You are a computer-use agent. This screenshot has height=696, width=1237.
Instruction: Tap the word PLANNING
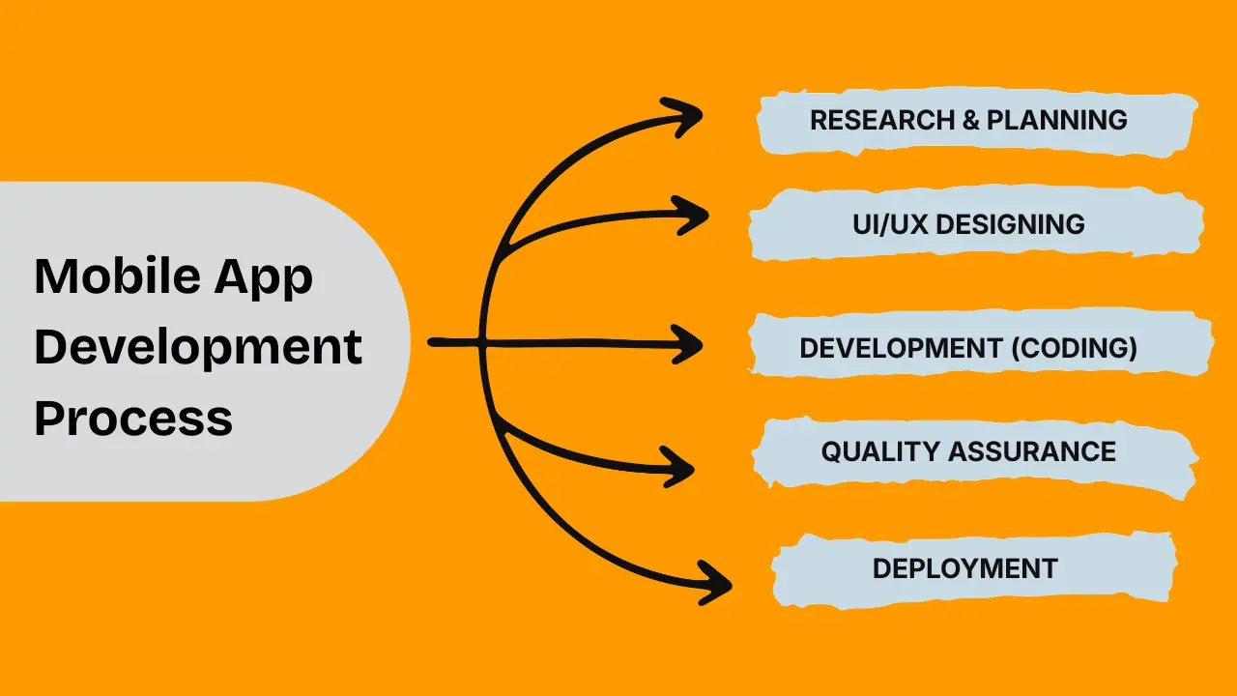click(1057, 120)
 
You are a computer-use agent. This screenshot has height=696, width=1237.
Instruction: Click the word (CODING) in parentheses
click(1074, 348)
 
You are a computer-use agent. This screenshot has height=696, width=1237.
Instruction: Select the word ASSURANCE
click(1032, 451)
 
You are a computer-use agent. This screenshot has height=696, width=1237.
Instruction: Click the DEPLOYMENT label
click(964, 568)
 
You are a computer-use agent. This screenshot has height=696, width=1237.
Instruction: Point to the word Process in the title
click(133, 419)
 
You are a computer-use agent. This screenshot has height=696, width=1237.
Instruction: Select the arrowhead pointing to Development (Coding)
click(690, 344)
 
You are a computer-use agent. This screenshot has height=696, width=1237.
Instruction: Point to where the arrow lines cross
click(481, 341)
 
